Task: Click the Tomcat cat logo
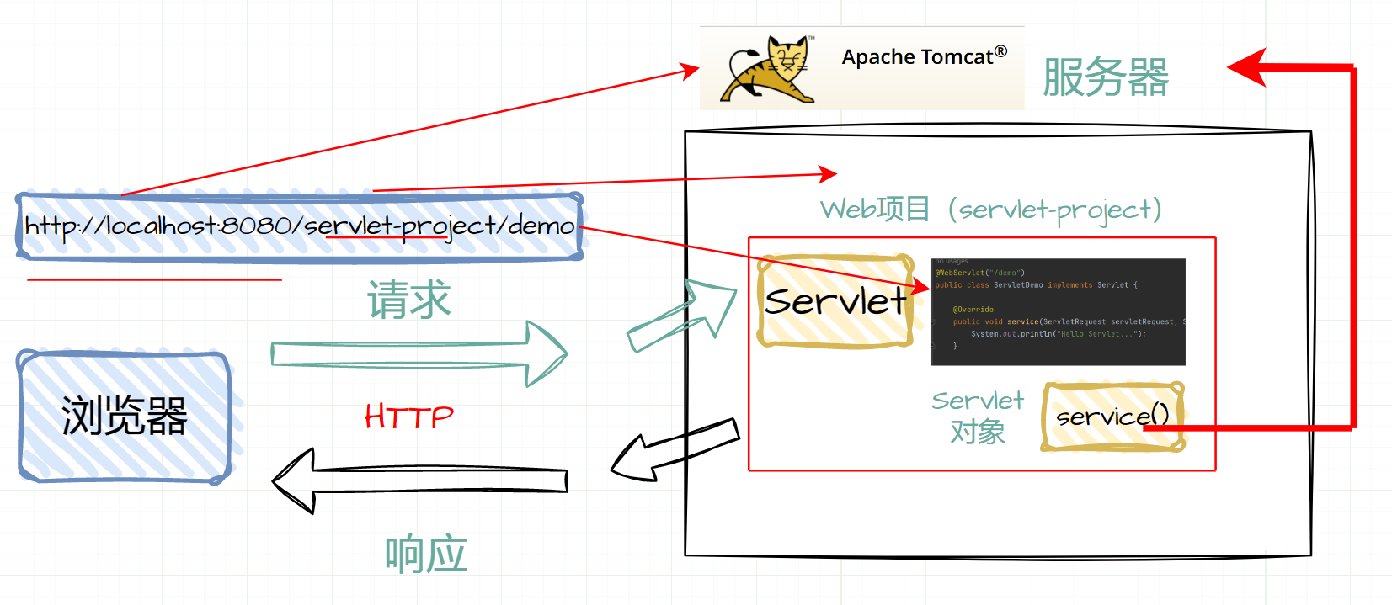pos(769,69)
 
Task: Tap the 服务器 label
pos(1105,77)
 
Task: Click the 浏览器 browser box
pos(125,417)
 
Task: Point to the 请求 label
pos(409,300)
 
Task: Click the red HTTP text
pos(409,417)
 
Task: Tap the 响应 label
pos(426,555)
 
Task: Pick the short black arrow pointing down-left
pos(674,450)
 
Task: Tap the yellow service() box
pos(1112,417)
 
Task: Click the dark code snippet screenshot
pos(1058,311)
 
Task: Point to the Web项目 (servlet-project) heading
pos(990,209)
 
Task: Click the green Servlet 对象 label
pos(978,417)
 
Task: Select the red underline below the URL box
pos(154,279)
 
